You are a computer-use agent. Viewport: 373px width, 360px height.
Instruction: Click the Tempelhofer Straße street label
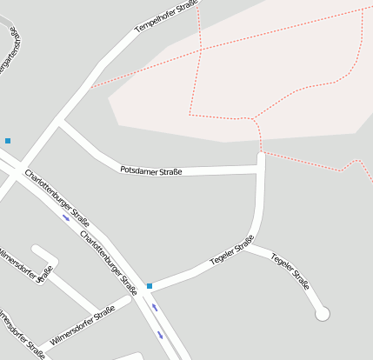pos(167,17)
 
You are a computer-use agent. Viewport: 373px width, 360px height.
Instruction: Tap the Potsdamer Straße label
pos(150,170)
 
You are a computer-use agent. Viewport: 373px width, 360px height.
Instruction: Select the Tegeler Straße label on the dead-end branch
pos(291,270)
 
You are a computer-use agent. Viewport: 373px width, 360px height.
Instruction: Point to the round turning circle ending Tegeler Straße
pos(323,313)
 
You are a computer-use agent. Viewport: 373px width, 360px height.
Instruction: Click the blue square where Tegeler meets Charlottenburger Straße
pos(150,285)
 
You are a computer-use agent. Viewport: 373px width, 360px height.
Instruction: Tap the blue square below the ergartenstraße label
pos(8,140)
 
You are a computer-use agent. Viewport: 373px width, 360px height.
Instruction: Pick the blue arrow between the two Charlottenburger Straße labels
pos(67,217)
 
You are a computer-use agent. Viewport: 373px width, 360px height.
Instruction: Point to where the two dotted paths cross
pos(201,50)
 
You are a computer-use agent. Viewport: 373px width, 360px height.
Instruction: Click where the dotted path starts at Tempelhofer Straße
pos(90,87)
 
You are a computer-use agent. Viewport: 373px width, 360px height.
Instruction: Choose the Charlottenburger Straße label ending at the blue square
pos(110,258)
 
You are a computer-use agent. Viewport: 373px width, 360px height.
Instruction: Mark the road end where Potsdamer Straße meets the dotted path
pos(261,157)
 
